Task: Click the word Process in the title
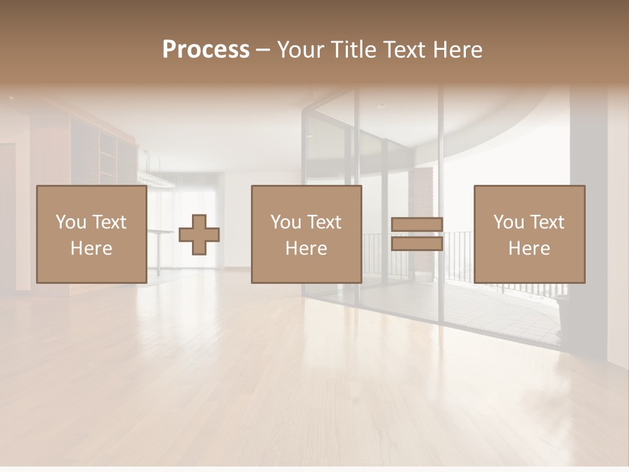point(206,50)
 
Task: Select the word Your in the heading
point(301,50)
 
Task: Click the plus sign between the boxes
point(199,235)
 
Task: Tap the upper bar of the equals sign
point(417,224)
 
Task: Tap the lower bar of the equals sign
point(417,244)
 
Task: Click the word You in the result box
point(508,222)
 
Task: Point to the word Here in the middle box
point(307,248)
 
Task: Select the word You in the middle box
point(286,222)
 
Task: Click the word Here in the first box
point(92,248)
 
